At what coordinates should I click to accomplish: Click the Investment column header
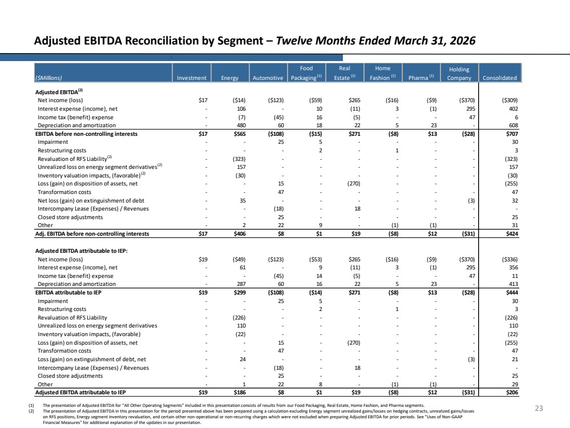(192, 78)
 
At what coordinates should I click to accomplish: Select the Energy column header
(230, 78)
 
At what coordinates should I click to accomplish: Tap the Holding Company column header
(459, 74)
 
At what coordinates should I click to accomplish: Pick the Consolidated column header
(500, 78)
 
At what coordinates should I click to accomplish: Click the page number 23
(539, 409)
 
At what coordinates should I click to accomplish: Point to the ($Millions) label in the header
(48, 78)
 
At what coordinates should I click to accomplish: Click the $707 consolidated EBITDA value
(512, 134)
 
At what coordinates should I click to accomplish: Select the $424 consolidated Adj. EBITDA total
(512, 234)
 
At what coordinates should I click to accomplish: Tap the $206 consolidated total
(512, 393)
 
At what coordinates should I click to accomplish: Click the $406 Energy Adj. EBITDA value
(240, 234)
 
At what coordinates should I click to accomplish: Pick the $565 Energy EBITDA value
(240, 134)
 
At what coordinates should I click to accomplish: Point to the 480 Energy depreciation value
(241, 126)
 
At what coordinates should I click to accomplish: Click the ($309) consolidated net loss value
(510, 100)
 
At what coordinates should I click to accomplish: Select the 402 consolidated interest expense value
(514, 109)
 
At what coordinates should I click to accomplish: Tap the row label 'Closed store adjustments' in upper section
(70, 217)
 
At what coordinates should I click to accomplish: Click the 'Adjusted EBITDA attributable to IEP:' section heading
(82, 251)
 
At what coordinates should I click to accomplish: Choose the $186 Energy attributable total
(240, 393)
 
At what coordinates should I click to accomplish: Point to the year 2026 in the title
(462, 41)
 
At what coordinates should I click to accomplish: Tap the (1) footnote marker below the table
(31, 405)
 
